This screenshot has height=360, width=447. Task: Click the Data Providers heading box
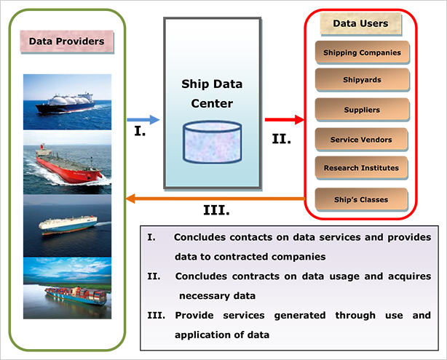tap(67, 41)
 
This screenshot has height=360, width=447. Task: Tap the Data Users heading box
tap(361, 24)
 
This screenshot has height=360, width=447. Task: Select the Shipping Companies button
tap(362, 52)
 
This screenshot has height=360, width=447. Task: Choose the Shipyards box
tap(362, 80)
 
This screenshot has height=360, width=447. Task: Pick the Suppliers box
tap(362, 110)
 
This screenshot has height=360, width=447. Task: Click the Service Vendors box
tap(361, 140)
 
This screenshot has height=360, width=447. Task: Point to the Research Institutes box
tap(361, 168)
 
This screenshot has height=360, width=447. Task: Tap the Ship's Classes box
tap(361, 199)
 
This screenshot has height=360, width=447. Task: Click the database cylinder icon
tap(213, 142)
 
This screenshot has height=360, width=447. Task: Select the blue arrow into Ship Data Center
tap(143, 119)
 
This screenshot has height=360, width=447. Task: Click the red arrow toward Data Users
tap(285, 119)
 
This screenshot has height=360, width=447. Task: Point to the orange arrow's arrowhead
tap(130, 199)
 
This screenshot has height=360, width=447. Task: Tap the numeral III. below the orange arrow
tap(216, 210)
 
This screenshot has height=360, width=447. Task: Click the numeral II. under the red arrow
tap(281, 139)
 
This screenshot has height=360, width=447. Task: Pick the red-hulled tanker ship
tap(68, 164)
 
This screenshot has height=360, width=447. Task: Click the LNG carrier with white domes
tap(66, 103)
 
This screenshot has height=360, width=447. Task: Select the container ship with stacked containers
tap(76, 296)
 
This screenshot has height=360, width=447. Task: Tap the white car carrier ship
tap(68, 225)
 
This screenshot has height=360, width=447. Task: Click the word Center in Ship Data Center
tap(212, 103)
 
